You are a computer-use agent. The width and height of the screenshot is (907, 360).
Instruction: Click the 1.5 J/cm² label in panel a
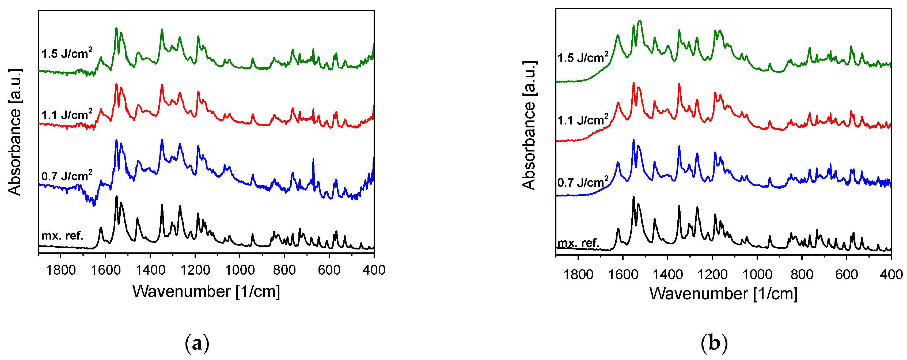pos(67,54)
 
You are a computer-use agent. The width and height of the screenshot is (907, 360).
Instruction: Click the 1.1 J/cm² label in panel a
pos(67,115)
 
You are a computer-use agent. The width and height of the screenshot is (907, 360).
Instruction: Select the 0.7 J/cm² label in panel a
pos(67,176)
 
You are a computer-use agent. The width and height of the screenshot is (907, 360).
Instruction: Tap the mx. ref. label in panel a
pos(62,235)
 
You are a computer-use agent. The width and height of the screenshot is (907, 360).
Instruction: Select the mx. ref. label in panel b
pos(578,243)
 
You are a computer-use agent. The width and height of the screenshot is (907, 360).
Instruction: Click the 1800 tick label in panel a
pos(61,270)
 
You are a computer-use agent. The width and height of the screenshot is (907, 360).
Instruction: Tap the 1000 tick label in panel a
pos(240,270)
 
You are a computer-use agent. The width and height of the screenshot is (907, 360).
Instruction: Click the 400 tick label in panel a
pos(374,270)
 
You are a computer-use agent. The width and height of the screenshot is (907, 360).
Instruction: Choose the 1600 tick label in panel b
pos(623,274)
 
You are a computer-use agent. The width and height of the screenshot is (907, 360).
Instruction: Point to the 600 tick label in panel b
pos(847,274)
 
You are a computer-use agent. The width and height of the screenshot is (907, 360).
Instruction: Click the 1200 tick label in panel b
pos(712,274)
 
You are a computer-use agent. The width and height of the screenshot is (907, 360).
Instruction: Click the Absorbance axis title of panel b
pos(529,126)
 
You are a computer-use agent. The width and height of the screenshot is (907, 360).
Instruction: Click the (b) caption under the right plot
pos(714,343)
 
